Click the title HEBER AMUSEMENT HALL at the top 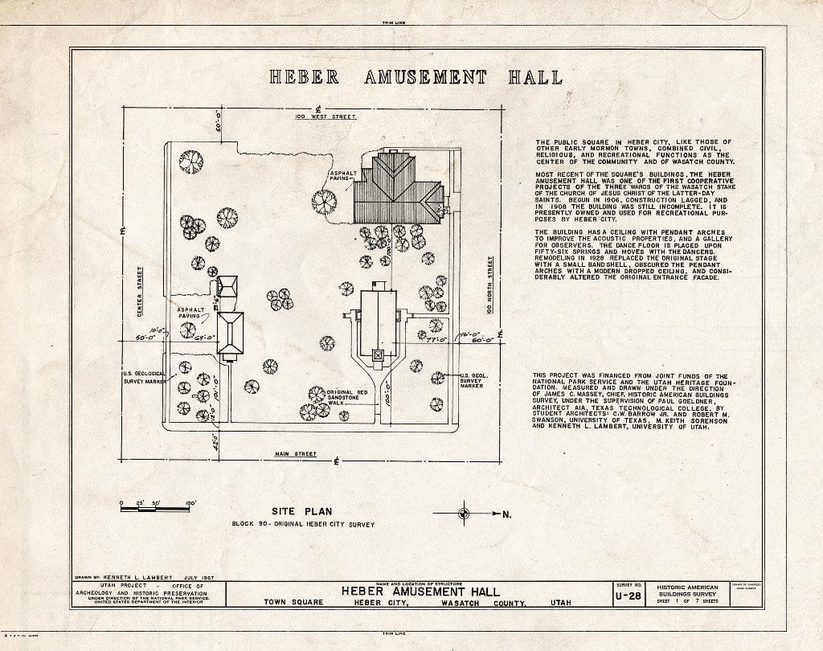click(x=415, y=78)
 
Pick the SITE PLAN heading click(x=301, y=510)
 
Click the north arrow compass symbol click(x=464, y=513)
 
